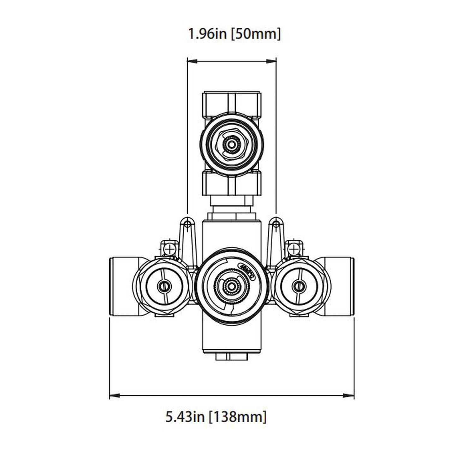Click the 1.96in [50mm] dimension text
[234, 34]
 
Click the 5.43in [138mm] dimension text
[216, 417]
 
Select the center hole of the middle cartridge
[232, 287]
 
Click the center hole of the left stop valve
[164, 287]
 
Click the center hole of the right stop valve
[298, 287]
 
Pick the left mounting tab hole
[187, 224]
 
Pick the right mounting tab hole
[276, 224]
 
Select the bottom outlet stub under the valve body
[232, 357]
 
